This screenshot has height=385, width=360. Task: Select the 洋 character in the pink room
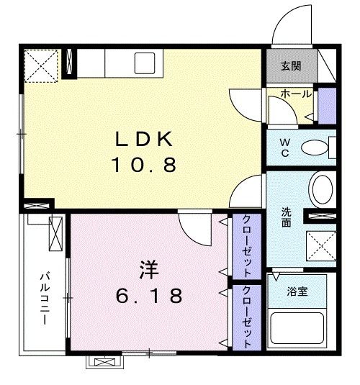pos(150,269)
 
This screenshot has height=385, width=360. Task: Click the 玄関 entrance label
pos(290,67)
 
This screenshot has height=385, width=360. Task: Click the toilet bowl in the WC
pos(314,148)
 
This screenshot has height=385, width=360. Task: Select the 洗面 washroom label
pos(287,217)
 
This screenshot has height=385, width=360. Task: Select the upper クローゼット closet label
pos(246,246)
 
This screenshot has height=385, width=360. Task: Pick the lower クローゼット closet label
pos(246,317)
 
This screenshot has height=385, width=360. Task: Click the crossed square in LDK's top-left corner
pos(42,63)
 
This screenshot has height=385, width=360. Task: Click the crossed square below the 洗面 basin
pos(321,245)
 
